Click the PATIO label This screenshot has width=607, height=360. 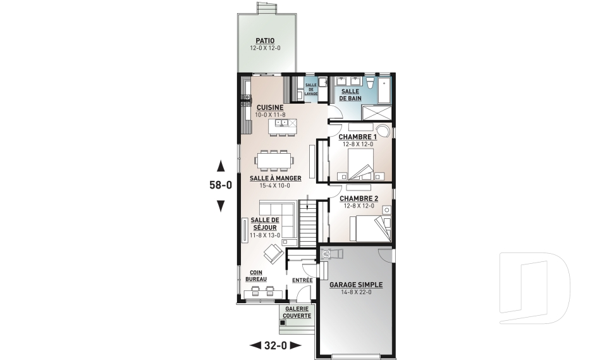click(x=265, y=40)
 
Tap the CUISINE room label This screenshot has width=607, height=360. click(x=270, y=108)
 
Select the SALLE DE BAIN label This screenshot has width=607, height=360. click(x=350, y=95)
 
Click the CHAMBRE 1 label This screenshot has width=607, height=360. click(x=358, y=137)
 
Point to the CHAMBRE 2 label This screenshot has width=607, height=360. click(x=359, y=199)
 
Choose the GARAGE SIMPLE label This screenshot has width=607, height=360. click(x=356, y=285)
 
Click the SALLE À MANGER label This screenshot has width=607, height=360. click(x=275, y=178)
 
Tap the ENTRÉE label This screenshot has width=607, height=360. click(x=302, y=280)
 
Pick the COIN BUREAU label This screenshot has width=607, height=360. click(x=256, y=276)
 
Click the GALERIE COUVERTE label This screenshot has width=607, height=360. click(x=297, y=313)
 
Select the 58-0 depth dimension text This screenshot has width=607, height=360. click(x=221, y=185)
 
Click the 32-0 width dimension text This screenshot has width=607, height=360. click(x=276, y=345)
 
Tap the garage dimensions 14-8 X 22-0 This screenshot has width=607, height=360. click(x=356, y=292)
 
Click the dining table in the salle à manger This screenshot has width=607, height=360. click(x=274, y=160)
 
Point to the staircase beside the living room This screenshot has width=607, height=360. click(x=308, y=223)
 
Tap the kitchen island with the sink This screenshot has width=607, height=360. click(x=283, y=126)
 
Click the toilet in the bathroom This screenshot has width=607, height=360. click(x=371, y=84)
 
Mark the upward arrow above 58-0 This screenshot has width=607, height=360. click(x=221, y=166)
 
